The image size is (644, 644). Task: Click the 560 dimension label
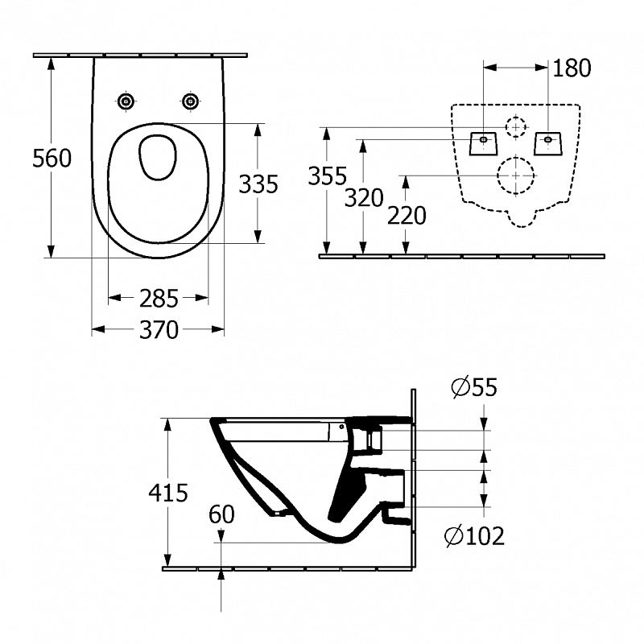click(52, 159)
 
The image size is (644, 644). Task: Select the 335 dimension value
click(258, 184)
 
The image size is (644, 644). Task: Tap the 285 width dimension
click(159, 299)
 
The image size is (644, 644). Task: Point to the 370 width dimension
click(159, 329)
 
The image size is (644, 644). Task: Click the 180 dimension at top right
click(572, 68)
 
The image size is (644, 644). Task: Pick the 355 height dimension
click(327, 175)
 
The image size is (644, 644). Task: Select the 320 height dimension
click(364, 197)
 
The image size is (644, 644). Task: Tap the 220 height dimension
click(406, 216)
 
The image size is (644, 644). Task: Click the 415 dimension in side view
click(169, 492)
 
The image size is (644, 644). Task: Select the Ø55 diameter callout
click(474, 387)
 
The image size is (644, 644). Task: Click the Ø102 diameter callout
click(475, 535)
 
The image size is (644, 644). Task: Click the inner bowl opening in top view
click(158, 157)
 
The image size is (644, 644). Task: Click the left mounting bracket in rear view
click(483, 142)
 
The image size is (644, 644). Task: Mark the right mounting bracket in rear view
click(548, 142)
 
